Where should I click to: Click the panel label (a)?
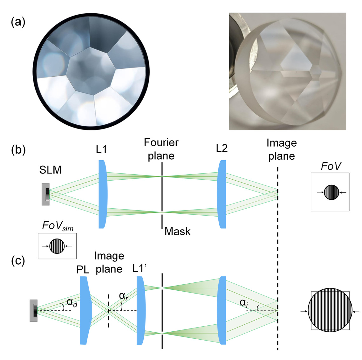pos(18,23)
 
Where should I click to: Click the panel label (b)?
pos(18,150)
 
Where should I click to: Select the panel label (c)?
pos(18,261)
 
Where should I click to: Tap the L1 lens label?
pos(101,149)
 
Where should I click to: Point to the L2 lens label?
pos(222,149)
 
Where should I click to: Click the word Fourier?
pos(161,142)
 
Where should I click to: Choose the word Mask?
pos(177,232)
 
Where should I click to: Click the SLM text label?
pos(50,170)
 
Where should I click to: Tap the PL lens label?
pos(83,270)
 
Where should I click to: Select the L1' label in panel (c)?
pos(140,268)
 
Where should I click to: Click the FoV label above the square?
pos(331,166)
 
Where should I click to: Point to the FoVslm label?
pos(58,226)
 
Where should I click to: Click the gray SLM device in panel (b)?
pos(46,194)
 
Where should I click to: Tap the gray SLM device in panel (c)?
pos(33,310)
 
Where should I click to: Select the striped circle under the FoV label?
pos(331,192)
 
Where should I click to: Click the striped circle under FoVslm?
pos(57,246)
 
